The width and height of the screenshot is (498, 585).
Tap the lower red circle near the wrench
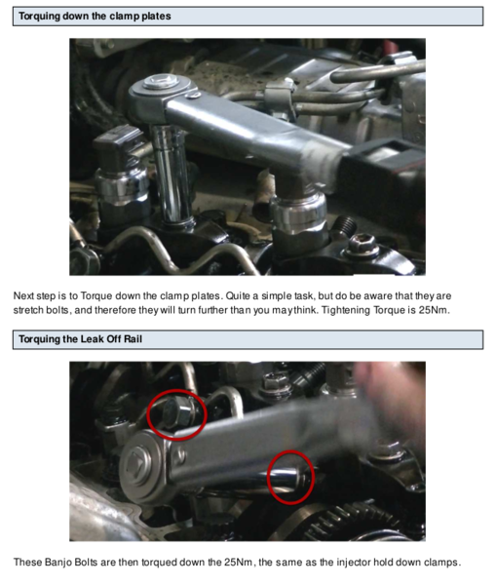coord(289,476)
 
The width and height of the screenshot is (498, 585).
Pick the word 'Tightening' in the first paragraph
coord(340,310)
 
